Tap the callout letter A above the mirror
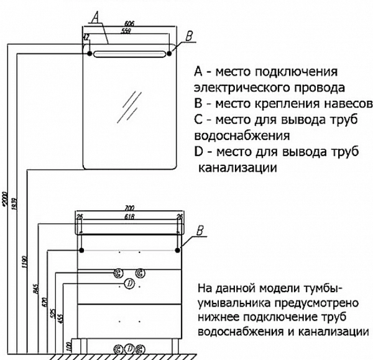coord(94,16)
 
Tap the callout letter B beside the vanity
coord(200,231)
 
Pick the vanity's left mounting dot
coord(81,250)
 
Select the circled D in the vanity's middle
coord(129,284)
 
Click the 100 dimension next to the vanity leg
coord(70,344)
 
